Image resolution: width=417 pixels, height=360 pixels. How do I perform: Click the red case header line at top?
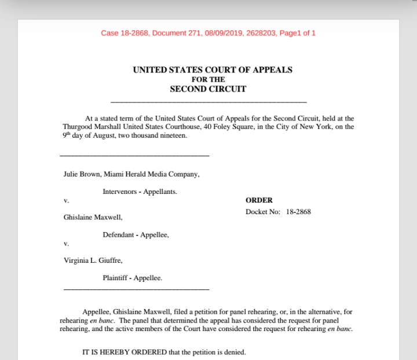(x=208, y=33)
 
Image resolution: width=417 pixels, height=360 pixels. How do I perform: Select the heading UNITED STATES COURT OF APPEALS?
(x=213, y=70)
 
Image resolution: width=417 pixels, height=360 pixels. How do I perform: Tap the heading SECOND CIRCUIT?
(x=208, y=89)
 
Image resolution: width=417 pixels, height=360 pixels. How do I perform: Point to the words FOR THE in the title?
(x=209, y=79)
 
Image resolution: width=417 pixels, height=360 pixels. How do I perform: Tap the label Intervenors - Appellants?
(x=140, y=191)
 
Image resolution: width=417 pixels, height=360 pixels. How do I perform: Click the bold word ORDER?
(x=258, y=200)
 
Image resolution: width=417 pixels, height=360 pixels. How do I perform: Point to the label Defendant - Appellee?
(x=136, y=235)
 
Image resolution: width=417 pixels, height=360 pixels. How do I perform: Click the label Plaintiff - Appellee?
(x=132, y=278)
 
